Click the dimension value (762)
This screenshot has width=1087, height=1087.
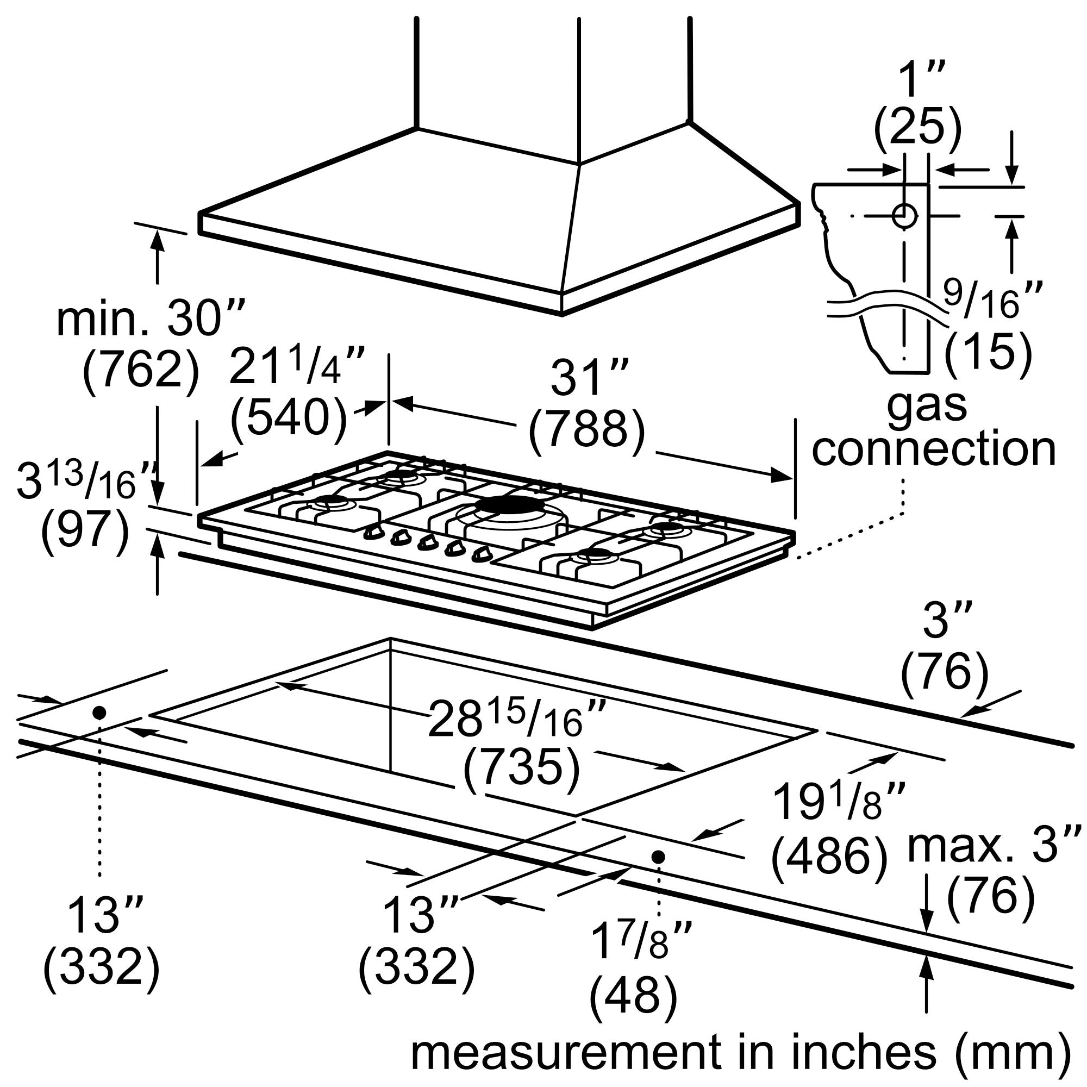pos(141,372)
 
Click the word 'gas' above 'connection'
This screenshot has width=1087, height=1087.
pos(927,404)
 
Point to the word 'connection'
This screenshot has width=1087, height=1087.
pos(933,449)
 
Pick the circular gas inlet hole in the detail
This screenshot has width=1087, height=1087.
pos(905,215)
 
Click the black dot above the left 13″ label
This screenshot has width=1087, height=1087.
pos(99,713)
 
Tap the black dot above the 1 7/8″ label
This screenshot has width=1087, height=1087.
pos(658,857)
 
